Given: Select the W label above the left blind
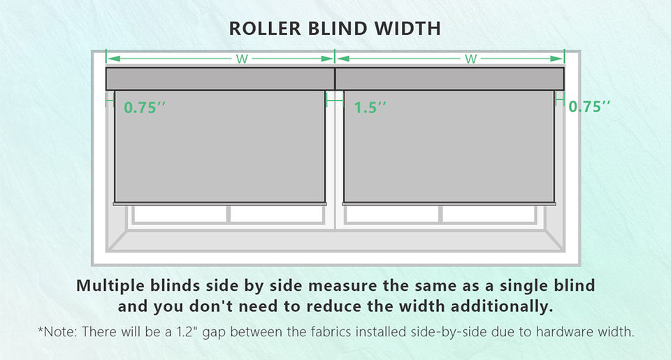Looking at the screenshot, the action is click(242, 59).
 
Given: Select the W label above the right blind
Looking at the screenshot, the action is click(471, 59).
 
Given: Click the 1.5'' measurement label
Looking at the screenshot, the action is click(370, 108).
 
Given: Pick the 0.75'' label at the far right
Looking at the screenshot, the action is click(589, 107).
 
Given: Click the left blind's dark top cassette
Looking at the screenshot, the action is click(220, 78).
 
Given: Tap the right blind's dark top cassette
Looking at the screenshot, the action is click(449, 78).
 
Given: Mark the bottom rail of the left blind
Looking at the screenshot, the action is click(220, 203).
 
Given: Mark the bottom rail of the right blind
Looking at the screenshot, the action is click(449, 203).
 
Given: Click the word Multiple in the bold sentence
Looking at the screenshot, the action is click(111, 286).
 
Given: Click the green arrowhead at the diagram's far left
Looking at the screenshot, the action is click(110, 59).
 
